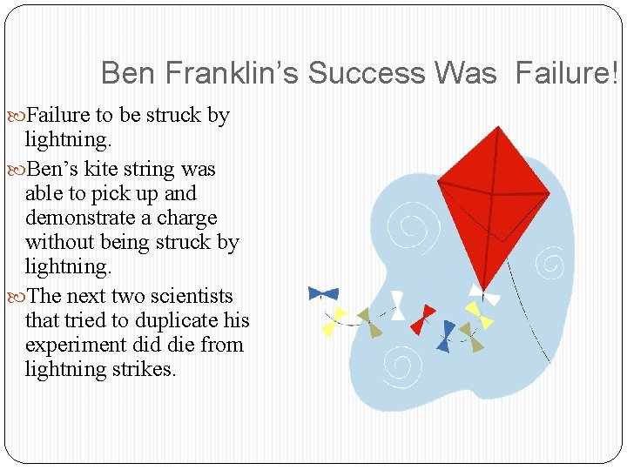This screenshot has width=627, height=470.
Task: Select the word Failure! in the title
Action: (x=567, y=73)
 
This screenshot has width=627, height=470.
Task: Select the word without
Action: (x=62, y=242)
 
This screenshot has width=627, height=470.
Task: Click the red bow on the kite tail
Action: (x=422, y=319)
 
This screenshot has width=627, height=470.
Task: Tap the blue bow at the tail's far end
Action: (x=323, y=293)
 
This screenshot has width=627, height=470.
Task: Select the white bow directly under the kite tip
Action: (x=483, y=295)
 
